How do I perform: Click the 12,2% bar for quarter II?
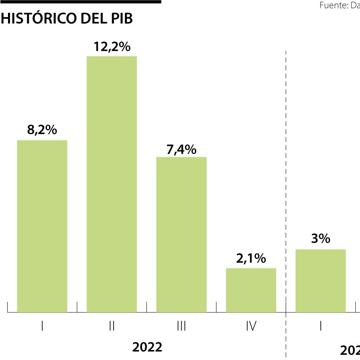tap(112, 184)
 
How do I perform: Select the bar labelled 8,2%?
tap(42, 226)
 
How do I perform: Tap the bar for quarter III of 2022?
tap(181, 234)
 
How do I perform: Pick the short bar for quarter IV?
tap(251, 290)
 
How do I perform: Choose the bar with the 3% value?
tap(320, 280)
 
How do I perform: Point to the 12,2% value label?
tap(112, 47)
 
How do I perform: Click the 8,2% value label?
tap(42, 130)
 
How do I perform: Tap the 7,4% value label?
tap(181, 150)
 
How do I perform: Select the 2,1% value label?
tap(251, 259)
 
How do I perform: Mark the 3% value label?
tap(321, 239)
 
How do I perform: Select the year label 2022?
tap(147, 347)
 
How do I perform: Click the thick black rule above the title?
tap(80, 2)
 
